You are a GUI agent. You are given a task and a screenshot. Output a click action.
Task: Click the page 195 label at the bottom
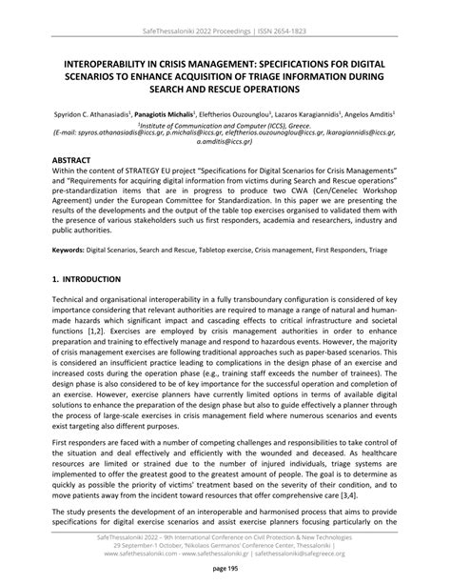pyautogui.click(x=225, y=569)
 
